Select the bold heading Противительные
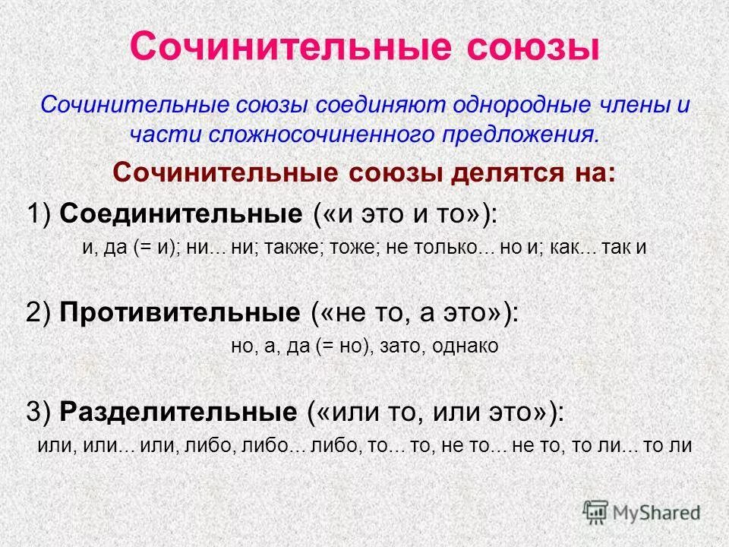click(x=180, y=312)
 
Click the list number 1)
click(x=39, y=213)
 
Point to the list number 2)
click(x=39, y=313)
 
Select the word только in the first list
click(x=442, y=248)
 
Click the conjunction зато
click(x=406, y=346)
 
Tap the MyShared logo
click(x=641, y=511)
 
